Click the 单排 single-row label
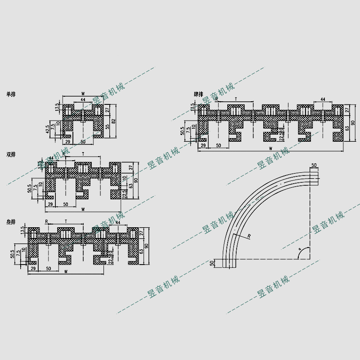coord(10,94)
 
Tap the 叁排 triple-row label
coord(11,222)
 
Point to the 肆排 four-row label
coord(199,94)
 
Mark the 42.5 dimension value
coord(47,130)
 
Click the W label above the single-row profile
coord(83,94)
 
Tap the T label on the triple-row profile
coord(66,221)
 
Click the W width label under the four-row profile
coord(270,148)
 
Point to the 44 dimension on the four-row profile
coord(323,99)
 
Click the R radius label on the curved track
coord(249,235)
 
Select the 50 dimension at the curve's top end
coord(314,165)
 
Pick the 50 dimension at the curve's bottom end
coord(211,263)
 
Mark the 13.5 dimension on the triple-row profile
coord(23,231)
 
